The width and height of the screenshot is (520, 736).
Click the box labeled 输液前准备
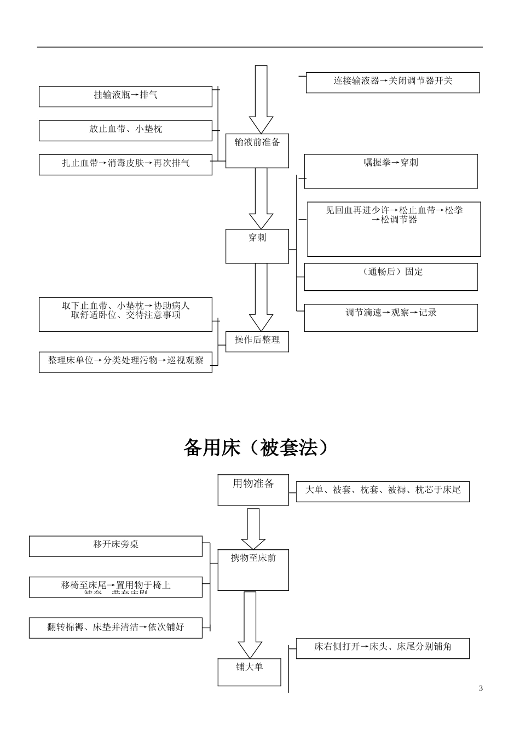coord(257,151)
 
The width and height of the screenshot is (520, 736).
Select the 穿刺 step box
coord(257,246)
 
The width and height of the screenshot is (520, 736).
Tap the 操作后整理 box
coord(257,341)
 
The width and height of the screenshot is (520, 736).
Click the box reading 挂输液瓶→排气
coord(125,96)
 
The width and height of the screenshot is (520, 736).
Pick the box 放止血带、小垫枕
coord(125,130)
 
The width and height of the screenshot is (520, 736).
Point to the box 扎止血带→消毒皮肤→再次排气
coord(125,164)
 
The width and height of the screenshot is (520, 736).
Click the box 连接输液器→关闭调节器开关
coord(392,82)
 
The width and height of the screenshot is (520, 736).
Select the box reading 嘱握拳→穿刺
coord(390,171)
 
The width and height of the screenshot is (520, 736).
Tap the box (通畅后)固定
coord(390,277)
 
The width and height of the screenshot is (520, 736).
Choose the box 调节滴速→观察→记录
coord(390,318)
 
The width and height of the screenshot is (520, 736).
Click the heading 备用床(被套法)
coord(257,448)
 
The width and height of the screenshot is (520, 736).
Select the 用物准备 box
coord(253,490)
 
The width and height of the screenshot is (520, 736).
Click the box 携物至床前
coord(253,570)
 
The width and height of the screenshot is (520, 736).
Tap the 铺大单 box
coord(249,671)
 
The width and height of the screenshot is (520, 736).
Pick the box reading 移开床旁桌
coord(115,546)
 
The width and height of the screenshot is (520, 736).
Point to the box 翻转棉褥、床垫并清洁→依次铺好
coord(115,628)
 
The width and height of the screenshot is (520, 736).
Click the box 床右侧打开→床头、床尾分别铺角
coord(383,648)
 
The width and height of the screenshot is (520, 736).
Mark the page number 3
coord(481,688)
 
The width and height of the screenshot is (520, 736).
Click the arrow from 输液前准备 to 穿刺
coord(261,198)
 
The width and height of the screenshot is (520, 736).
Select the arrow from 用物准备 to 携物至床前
coord(253,528)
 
